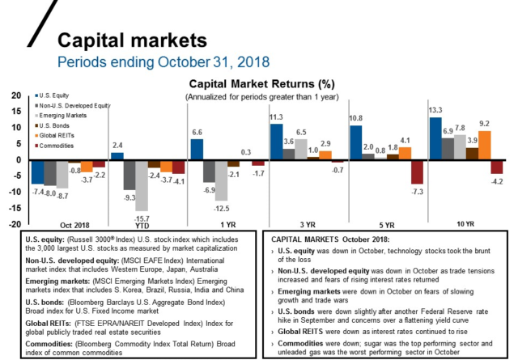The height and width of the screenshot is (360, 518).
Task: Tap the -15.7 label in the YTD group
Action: coord(142,218)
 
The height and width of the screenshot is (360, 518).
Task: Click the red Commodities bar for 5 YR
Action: coord(417,172)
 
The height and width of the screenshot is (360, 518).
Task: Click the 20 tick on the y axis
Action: coord(15,95)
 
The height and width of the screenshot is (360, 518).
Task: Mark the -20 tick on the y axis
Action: coord(14,225)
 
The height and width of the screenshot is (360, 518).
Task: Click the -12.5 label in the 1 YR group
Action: coord(221,208)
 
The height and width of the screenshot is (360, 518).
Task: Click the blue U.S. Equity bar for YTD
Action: coord(117,155)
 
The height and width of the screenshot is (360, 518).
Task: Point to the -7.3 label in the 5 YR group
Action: coord(417,192)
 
